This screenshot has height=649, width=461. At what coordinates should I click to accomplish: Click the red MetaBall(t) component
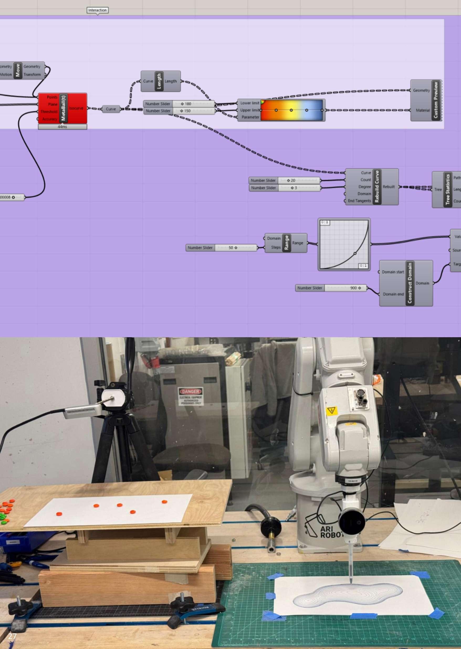click(62, 108)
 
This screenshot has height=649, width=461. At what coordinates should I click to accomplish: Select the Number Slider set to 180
click(179, 104)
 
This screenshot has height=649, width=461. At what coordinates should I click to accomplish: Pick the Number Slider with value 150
click(179, 111)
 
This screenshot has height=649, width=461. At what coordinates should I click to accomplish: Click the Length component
click(160, 81)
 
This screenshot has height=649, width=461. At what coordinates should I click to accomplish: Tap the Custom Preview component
click(426, 100)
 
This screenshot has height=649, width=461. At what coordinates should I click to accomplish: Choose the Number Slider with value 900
click(331, 288)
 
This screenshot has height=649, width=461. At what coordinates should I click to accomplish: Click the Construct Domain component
click(406, 283)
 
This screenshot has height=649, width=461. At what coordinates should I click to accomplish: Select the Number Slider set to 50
click(221, 248)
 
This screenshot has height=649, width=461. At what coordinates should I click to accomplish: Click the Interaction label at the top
click(97, 10)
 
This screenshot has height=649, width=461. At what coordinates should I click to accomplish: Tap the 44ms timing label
click(62, 127)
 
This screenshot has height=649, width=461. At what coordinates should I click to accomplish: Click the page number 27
click(12, 636)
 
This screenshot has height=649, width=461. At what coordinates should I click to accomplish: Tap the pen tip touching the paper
click(350, 583)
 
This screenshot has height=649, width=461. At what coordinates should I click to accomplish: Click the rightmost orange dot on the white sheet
click(164, 502)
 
